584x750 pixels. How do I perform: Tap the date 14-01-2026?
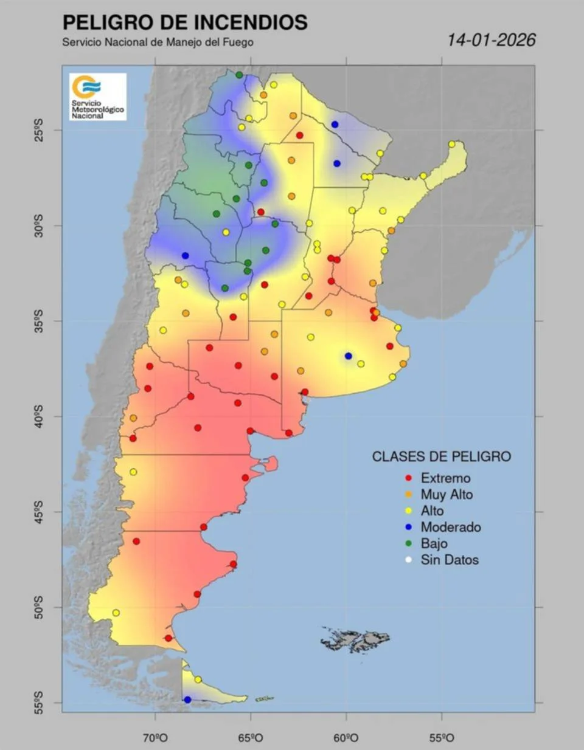pyautogui.click(x=491, y=40)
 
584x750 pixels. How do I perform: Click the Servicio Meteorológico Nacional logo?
pyautogui.click(x=97, y=97)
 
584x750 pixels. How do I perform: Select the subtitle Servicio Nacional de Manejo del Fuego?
pyautogui.click(x=158, y=43)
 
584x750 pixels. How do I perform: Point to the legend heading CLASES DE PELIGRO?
pyautogui.click(x=441, y=456)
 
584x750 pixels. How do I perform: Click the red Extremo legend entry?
pyautogui.click(x=438, y=478)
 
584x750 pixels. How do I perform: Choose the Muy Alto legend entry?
pyautogui.click(x=439, y=495)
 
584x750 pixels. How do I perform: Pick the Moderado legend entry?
pyautogui.click(x=443, y=528)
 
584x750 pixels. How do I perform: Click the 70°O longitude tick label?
pyautogui.click(x=156, y=738)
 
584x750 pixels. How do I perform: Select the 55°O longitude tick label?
pyautogui.click(x=442, y=738)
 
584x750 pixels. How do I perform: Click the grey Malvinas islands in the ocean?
pyautogui.click(x=356, y=640)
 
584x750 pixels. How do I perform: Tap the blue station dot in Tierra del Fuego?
pyautogui.click(x=187, y=700)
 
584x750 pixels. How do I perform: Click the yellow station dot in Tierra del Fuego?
pyautogui.click(x=198, y=679)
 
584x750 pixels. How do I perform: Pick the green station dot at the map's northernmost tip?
pyautogui.click(x=239, y=75)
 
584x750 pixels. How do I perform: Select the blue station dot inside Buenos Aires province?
pyautogui.click(x=348, y=356)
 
